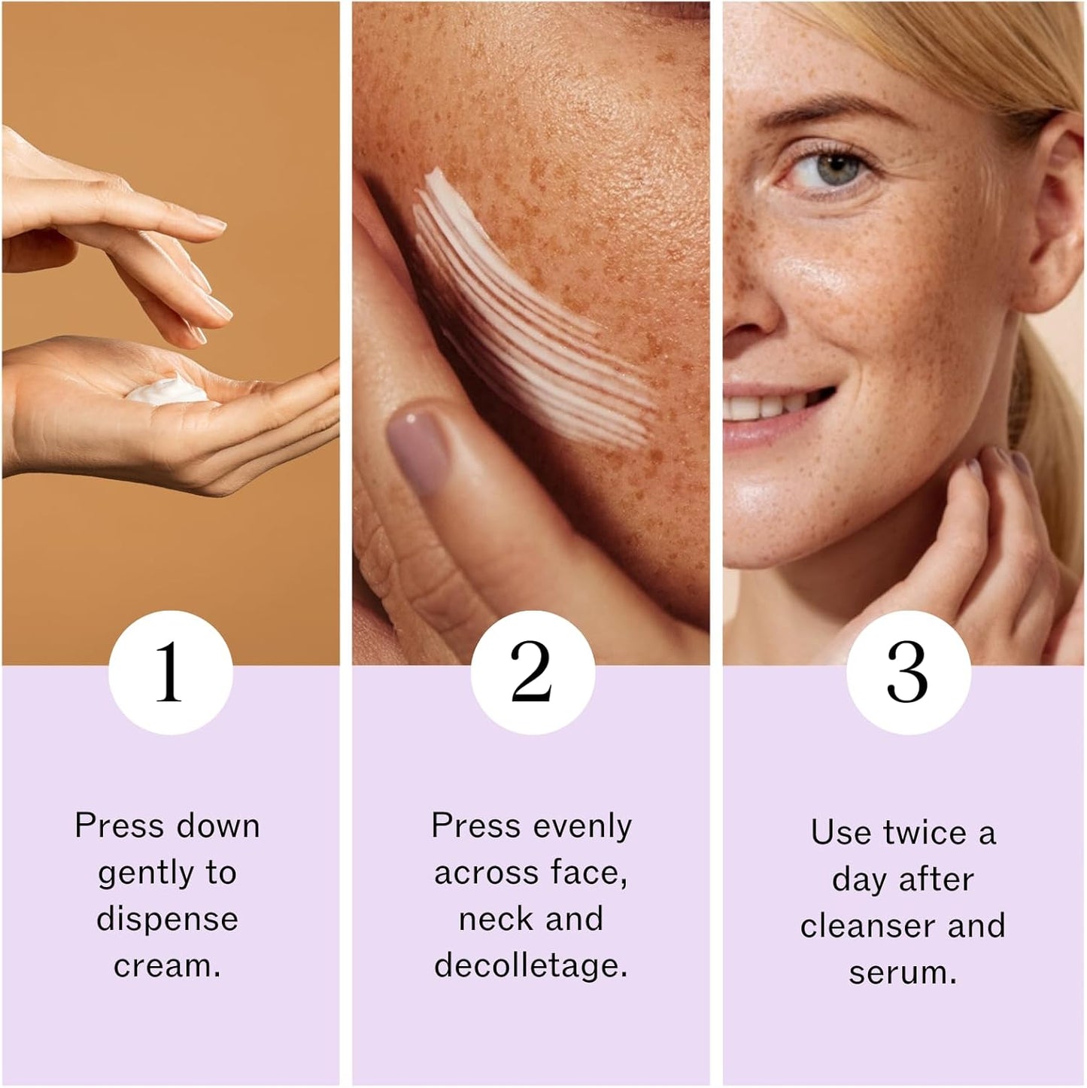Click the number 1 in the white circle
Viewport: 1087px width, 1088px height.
169,672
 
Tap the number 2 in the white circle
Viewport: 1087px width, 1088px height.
532,672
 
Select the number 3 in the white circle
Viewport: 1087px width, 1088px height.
907,672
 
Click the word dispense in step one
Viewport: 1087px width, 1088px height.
167,919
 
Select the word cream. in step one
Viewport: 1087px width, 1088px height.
167,966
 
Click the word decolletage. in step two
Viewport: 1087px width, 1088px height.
531,966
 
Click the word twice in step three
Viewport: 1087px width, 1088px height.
925,834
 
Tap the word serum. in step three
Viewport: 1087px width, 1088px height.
903,973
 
